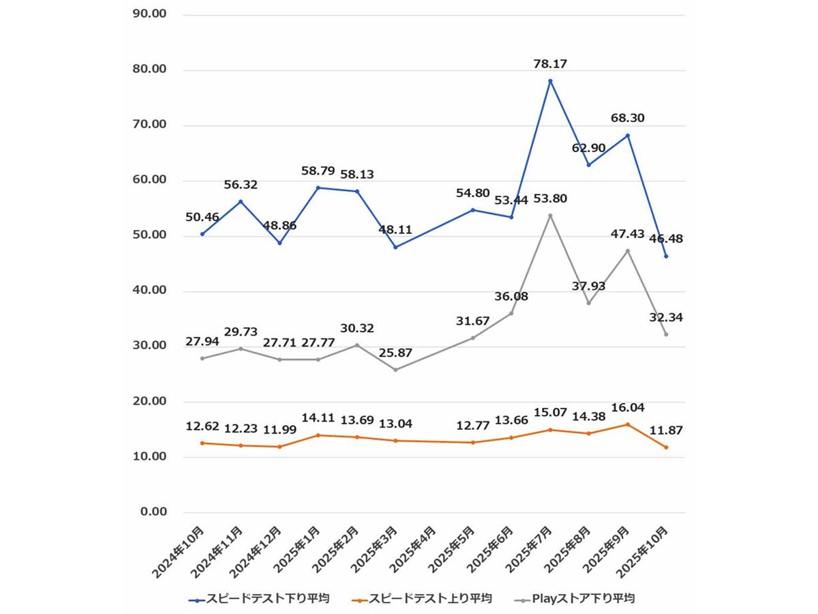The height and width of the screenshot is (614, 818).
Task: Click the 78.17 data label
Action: tap(550, 64)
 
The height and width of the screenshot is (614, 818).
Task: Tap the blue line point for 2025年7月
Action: tap(550, 81)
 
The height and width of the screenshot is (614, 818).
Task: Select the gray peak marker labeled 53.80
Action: tap(550, 216)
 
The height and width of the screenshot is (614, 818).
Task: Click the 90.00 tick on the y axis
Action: tap(151, 14)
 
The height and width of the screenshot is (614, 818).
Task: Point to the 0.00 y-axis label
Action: tap(153, 512)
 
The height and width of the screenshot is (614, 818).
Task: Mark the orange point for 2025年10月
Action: tap(666, 448)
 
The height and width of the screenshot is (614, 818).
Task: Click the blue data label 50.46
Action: tap(202, 218)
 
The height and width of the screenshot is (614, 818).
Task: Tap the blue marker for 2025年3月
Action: tap(395, 247)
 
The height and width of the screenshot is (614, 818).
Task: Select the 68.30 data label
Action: tap(628, 118)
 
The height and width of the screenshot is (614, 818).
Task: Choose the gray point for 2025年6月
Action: tap(511, 313)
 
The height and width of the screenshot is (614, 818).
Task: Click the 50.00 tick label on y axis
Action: tap(151, 236)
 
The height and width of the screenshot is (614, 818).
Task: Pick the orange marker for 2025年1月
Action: tap(318, 435)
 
